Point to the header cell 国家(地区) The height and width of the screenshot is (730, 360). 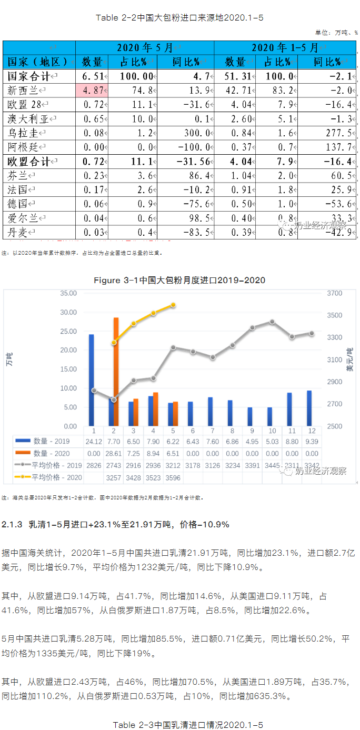37,62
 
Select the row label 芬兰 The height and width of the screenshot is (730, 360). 19,175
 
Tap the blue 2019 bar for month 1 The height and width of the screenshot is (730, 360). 91,379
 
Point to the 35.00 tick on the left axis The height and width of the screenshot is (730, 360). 69,293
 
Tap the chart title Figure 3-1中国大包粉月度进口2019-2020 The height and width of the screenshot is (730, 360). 179,281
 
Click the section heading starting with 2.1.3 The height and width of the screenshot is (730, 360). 115,525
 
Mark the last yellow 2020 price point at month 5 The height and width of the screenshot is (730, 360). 173,305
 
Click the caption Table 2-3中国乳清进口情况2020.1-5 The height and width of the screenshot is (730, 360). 180,725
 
